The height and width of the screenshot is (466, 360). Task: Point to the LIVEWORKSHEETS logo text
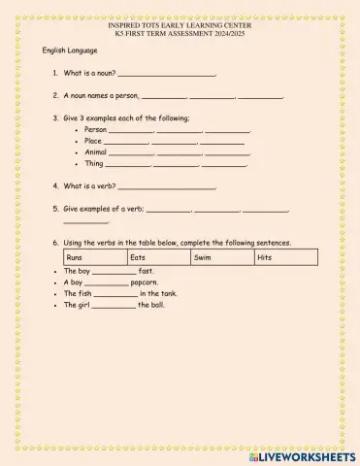[309, 455]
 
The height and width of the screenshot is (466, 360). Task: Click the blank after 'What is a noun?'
[166, 74]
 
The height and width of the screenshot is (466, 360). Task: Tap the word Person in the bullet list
[95, 129]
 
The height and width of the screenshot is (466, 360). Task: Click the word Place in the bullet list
[93, 141]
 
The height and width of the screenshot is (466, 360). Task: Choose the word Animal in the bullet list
[96, 152]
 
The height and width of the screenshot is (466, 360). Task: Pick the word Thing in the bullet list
[94, 164]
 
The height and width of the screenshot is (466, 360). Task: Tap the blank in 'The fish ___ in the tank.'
[116, 294]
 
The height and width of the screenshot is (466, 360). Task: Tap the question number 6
[56, 243]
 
